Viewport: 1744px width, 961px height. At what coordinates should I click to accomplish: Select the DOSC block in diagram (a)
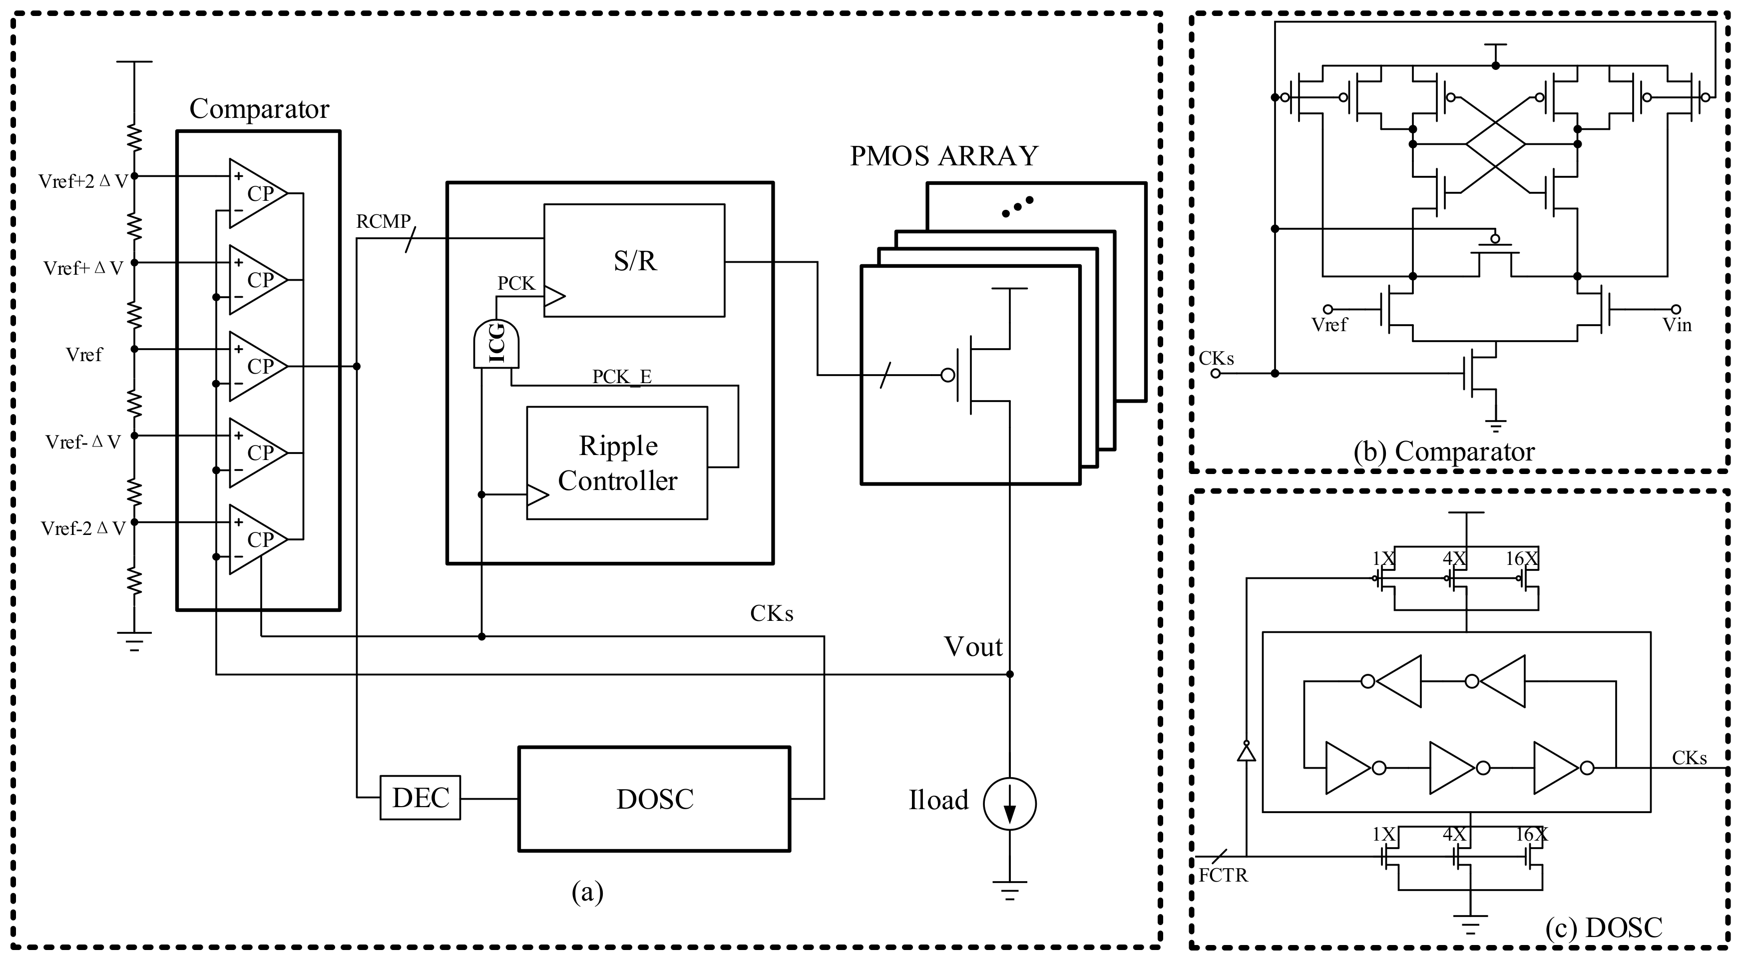pos(654,799)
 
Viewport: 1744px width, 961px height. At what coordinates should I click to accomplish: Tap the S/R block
pos(634,260)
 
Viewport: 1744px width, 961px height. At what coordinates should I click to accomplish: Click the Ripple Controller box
pos(617,463)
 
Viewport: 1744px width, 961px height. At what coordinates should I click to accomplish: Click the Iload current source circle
pos(1009,803)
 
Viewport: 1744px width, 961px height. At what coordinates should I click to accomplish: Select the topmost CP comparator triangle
pos(257,193)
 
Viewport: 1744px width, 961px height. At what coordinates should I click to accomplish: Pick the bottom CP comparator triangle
pos(257,539)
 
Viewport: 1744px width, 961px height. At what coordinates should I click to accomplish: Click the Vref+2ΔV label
pos(82,181)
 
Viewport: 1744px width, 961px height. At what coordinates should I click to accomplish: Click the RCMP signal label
pos(383,221)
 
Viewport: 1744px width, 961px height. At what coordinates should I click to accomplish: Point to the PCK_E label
pos(621,377)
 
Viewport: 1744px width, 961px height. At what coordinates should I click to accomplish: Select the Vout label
pos(973,647)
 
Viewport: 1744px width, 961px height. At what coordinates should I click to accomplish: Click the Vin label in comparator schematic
pos(1676,325)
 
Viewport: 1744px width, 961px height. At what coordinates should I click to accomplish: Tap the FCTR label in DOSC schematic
pos(1223,876)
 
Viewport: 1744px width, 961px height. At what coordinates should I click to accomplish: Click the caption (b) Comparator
pos(1443,452)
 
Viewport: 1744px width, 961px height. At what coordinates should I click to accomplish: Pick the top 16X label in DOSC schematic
pos(1521,559)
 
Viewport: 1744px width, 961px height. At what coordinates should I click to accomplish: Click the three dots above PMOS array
pos(1017,207)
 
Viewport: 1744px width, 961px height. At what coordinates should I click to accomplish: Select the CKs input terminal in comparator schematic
pos(1216,373)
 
